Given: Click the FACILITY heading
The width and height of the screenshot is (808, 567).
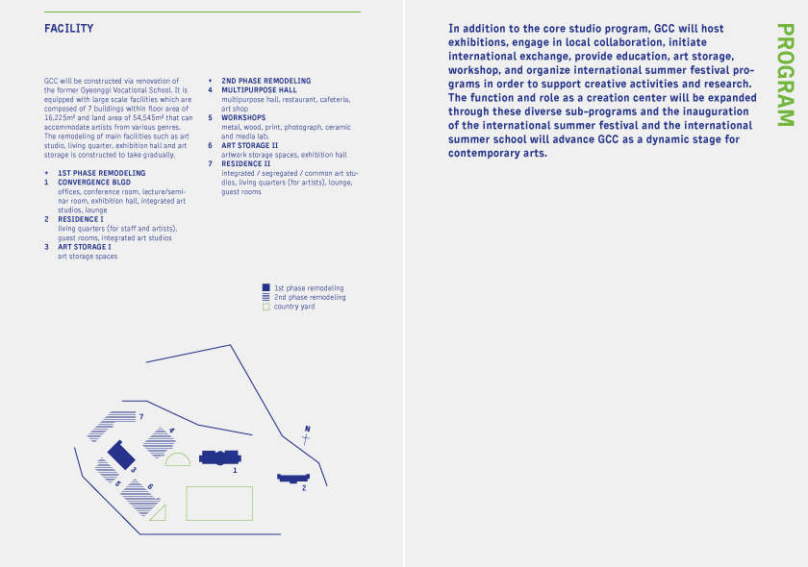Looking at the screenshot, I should (x=68, y=29).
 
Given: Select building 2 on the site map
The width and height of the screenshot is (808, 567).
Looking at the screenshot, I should (x=292, y=478).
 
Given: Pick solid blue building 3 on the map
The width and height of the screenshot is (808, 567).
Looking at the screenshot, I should (x=120, y=455).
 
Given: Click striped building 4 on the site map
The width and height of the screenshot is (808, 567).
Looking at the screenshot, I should (x=160, y=443).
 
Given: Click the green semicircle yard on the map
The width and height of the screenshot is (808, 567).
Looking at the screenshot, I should (x=178, y=460).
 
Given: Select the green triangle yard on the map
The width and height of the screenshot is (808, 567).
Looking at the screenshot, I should (x=161, y=512).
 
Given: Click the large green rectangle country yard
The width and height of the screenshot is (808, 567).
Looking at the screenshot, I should (x=218, y=504).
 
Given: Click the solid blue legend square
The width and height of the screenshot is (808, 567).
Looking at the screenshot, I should (x=266, y=287).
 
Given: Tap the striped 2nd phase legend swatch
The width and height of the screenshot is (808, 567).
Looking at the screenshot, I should (x=266, y=297).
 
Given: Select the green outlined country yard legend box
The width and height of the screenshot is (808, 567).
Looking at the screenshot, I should (x=266, y=307).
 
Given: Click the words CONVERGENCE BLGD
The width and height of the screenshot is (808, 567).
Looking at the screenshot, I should (x=94, y=182).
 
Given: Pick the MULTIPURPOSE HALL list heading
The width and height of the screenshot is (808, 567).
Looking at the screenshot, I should (x=259, y=90).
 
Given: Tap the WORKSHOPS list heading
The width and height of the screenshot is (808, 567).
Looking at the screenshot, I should (x=243, y=117).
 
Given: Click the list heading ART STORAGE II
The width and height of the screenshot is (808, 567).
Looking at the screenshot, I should (x=248, y=145).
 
